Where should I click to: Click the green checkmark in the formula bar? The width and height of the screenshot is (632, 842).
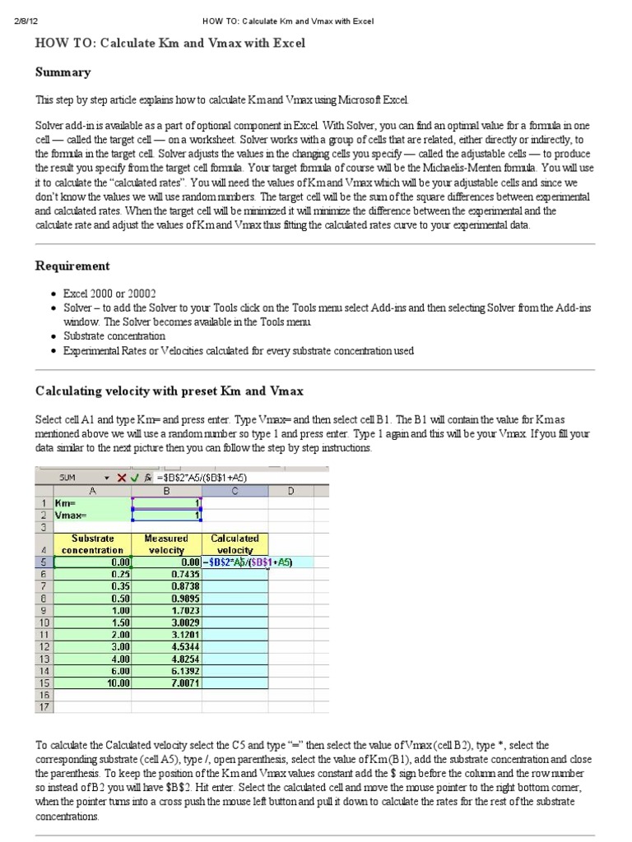tap(134, 477)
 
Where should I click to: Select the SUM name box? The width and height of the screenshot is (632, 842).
tap(70, 477)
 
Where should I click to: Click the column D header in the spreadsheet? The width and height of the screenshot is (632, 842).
tap(290, 490)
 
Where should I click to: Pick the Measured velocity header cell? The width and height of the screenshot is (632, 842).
tap(166, 544)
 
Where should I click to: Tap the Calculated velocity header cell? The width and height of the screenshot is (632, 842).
tap(235, 544)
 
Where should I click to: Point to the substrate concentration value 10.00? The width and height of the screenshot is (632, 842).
tap(114, 682)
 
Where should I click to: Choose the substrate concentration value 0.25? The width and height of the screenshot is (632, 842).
tap(114, 574)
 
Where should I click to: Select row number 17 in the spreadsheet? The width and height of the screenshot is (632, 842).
tap(43, 706)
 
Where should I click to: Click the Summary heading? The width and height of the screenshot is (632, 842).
tap(63, 72)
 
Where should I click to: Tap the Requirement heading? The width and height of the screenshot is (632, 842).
tap(72, 266)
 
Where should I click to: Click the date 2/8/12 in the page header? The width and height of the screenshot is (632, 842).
tap(27, 21)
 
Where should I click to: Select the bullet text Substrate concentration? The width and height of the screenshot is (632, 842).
tap(114, 336)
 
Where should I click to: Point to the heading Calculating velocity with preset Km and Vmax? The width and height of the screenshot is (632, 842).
tap(165, 390)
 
